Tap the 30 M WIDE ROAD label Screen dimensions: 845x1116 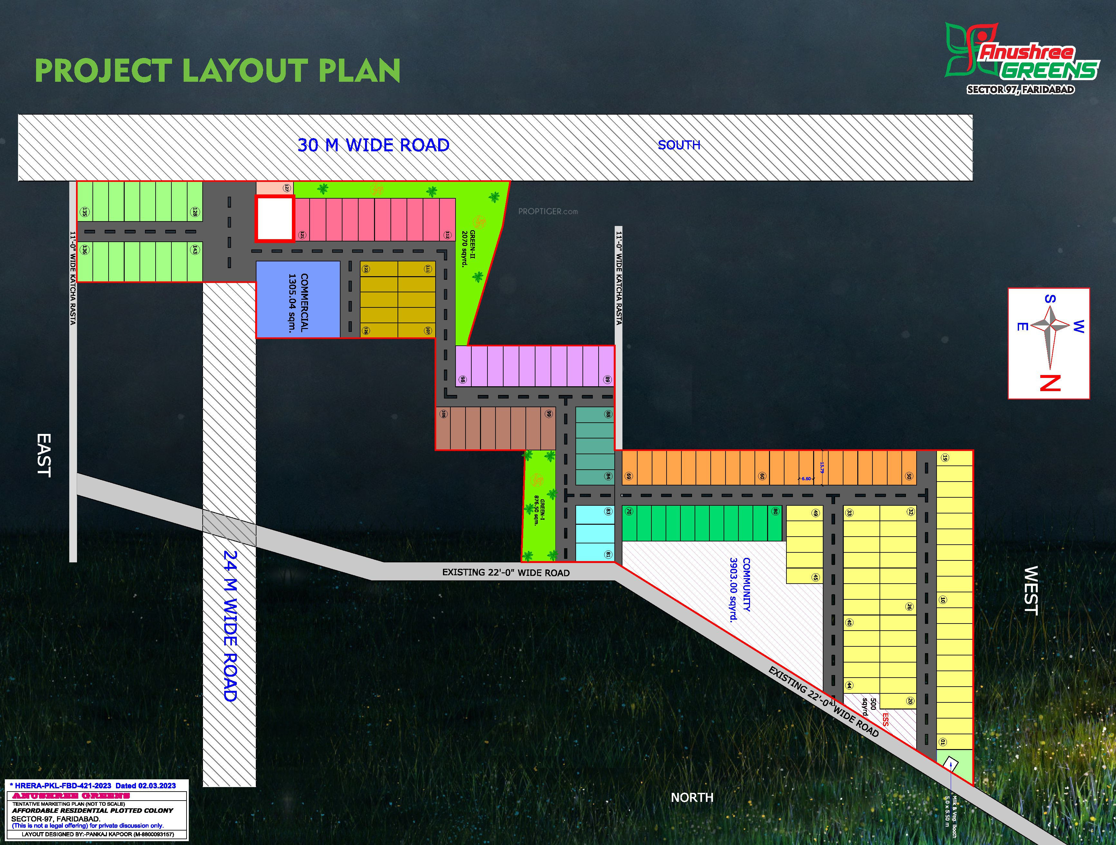click(373, 145)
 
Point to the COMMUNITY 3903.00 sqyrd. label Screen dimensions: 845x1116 click(740, 590)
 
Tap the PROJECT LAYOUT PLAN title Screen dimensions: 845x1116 click(217, 70)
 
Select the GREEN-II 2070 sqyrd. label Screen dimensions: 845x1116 click(469, 249)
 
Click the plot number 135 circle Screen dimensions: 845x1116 click(85, 212)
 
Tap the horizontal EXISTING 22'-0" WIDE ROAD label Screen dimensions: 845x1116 click(505, 573)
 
